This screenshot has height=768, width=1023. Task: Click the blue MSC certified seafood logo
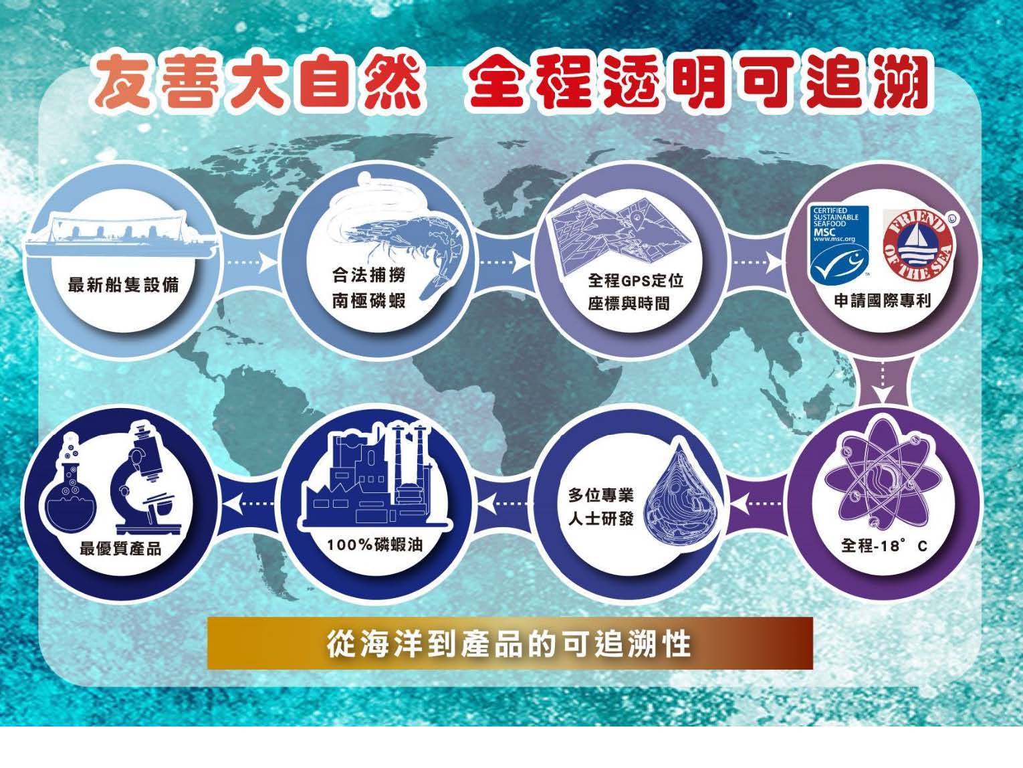(840, 243)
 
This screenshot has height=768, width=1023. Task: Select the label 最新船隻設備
(124, 284)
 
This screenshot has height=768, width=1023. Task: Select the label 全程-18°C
(884, 545)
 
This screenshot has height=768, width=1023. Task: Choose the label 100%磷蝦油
(374, 545)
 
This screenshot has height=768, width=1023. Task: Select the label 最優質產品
(120, 549)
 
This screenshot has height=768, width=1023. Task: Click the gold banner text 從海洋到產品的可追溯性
(509, 644)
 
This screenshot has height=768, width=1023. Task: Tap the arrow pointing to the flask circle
(249, 504)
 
